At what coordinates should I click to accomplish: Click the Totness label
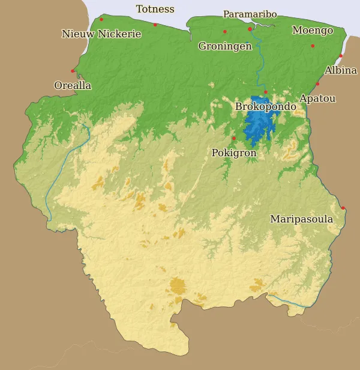[x=155, y=9]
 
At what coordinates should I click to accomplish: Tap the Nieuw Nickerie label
[x=101, y=34]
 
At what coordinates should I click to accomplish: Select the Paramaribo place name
[x=250, y=14]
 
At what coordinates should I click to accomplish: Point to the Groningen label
[x=225, y=46]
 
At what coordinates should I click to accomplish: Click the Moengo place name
[x=313, y=30]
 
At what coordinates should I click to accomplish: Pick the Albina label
[x=340, y=70]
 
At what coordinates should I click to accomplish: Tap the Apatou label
[x=317, y=98]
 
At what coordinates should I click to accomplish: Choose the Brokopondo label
[x=265, y=106]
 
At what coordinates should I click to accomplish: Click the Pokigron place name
[x=234, y=153]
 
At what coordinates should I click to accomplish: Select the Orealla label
[x=73, y=85]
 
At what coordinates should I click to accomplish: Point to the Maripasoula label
[x=301, y=219]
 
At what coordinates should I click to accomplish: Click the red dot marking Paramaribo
[x=250, y=28]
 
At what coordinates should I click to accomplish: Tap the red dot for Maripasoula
[x=343, y=208]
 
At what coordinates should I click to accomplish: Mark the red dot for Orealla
[x=73, y=71]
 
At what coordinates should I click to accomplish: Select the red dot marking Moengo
[x=313, y=46]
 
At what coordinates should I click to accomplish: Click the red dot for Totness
[x=155, y=25]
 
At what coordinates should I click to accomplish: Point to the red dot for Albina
[x=341, y=56]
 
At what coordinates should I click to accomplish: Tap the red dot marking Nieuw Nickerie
[x=101, y=19]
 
